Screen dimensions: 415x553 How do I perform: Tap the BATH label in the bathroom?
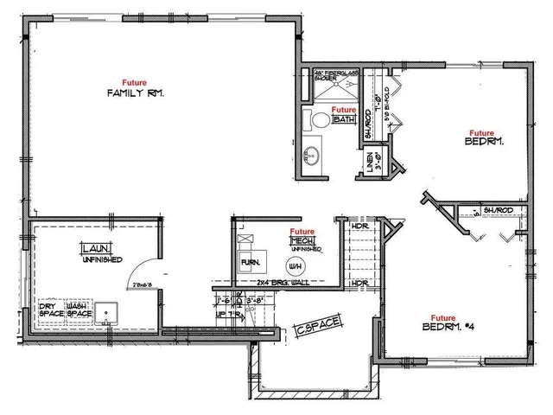coord(344,120)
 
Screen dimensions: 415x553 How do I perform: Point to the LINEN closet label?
coord(370,161)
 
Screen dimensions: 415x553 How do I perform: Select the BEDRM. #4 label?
coord(447,328)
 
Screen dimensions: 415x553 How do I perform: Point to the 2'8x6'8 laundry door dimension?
coord(146,282)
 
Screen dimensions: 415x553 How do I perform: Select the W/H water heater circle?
coord(294,262)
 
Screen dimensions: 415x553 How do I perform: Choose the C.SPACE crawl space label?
coord(320,328)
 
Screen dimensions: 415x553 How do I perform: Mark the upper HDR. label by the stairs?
coord(359,227)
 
